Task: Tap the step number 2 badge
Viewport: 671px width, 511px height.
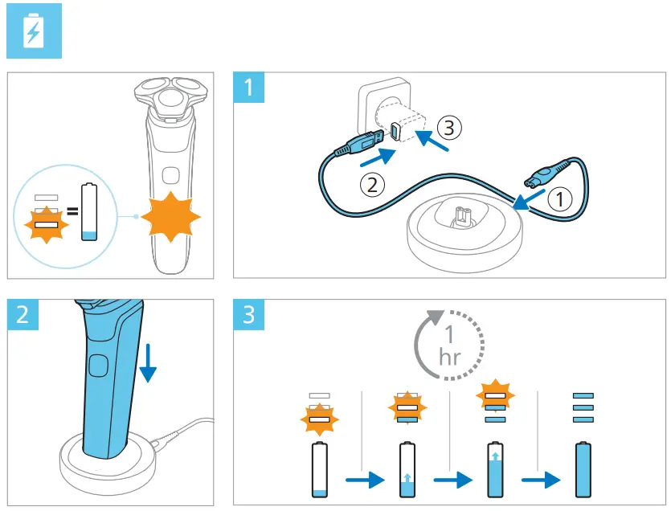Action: tap(23, 314)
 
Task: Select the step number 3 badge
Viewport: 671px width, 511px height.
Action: tap(249, 314)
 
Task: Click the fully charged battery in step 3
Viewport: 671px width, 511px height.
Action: tap(585, 472)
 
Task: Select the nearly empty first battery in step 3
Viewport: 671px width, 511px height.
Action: tap(320, 472)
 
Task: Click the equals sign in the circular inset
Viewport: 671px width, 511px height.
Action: tap(71, 213)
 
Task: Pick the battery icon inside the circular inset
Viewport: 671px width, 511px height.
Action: tap(90, 211)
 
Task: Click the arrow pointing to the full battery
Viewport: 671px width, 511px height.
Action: tap(541, 480)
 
